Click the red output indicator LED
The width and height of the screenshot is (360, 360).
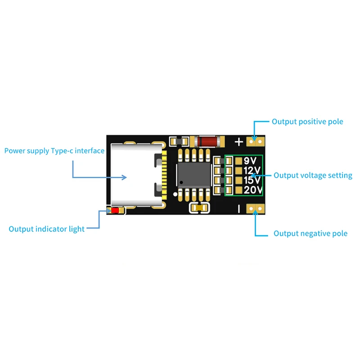[116, 210]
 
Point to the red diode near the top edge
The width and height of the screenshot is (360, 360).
[207, 141]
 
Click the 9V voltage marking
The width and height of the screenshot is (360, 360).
[250, 161]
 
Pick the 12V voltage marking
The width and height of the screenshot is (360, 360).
[252, 171]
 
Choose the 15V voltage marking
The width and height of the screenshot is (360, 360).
[252, 180]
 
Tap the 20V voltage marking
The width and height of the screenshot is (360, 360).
[252, 190]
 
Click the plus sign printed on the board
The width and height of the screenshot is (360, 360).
[239, 142]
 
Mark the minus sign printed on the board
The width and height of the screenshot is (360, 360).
[239, 208]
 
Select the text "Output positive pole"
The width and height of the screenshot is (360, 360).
[307, 121]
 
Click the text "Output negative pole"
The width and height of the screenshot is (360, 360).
[310, 234]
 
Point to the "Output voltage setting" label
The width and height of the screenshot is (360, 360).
[313, 175]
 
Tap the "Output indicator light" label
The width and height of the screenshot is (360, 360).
[46, 229]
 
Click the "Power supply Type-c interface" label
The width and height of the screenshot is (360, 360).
[54, 151]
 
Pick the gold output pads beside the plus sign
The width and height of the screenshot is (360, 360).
[256, 142]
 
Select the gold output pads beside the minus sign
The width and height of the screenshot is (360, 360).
[256, 208]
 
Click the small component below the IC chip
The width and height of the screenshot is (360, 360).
[199, 208]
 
